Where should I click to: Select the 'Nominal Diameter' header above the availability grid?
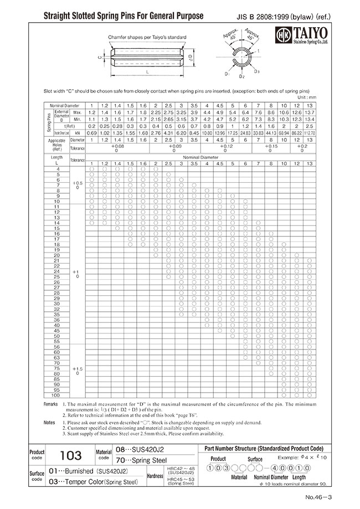pos(202,157)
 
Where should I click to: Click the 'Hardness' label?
pos(155,475)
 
